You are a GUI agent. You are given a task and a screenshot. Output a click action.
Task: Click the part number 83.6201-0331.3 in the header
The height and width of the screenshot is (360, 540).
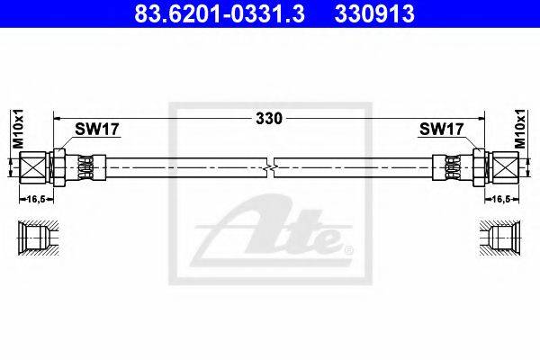tap(220, 14)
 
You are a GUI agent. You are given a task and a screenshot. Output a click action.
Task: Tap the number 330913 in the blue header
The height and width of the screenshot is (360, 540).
tap(374, 14)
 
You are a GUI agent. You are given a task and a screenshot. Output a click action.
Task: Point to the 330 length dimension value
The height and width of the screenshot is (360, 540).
tap(269, 119)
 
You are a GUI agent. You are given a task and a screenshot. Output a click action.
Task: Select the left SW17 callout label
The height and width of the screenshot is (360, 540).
tap(97, 130)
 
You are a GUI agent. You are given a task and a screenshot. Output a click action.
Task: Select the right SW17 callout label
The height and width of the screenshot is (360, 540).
tap(442, 130)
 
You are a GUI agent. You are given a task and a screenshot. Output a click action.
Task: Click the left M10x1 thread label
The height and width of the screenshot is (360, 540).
tap(18, 129)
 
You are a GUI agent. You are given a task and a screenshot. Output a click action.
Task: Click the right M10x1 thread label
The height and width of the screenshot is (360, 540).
tap(521, 129)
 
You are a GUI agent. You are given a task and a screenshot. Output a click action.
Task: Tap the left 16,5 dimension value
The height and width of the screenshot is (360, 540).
tap(37, 199)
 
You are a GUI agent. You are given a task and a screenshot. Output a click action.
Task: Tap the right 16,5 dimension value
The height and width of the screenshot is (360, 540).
tap(501, 199)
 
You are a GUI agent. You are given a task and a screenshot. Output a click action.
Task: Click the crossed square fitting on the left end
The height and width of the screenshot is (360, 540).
tap(32, 167)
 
